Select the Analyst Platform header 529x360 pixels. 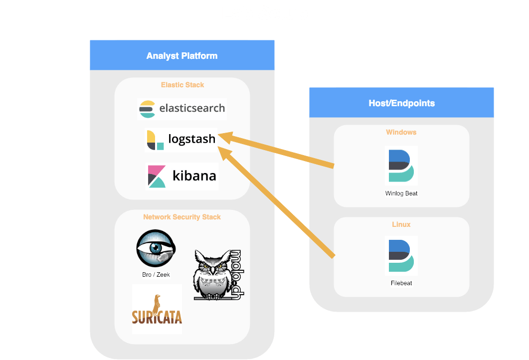[182, 55]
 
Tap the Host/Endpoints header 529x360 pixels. [401, 103]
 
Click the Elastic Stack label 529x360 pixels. [182, 85]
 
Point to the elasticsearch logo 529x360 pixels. [182, 109]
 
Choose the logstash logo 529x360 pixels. [181, 140]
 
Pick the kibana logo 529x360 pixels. [182, 176]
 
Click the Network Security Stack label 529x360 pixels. [182, 217]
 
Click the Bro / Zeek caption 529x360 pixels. [156, 275]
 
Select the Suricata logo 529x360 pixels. [157, 309]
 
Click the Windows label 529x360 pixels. [401, 132]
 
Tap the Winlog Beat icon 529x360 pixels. [401, 166]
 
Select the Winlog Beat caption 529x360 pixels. [401, 193]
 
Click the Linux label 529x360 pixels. [401, 224]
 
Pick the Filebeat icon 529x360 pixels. [401, 256]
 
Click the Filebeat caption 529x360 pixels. [401, 283]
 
